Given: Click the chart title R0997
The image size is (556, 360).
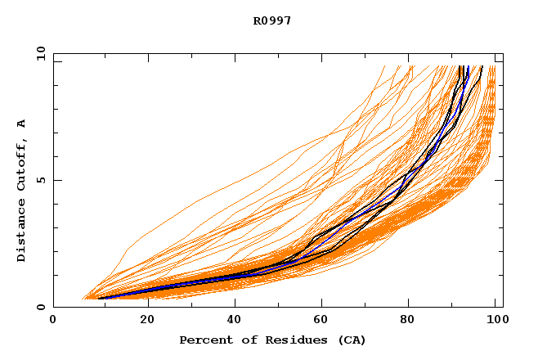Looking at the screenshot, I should tap(271, 20).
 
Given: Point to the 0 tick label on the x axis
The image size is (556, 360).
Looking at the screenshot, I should tap(53, 320).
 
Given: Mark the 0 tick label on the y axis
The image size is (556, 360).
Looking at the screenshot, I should tap(41, 307).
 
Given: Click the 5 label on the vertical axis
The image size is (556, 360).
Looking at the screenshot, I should tap(41, 180).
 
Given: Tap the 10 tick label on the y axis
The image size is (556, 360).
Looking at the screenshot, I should tap(41, 54).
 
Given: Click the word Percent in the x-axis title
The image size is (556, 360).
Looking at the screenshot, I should tap(204, 340).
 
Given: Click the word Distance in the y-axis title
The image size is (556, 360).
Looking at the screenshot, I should tap(21, 231).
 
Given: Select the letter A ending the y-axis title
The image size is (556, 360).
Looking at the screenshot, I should tap(21, 124).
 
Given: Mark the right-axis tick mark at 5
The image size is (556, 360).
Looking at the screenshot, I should tap(500, 180).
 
